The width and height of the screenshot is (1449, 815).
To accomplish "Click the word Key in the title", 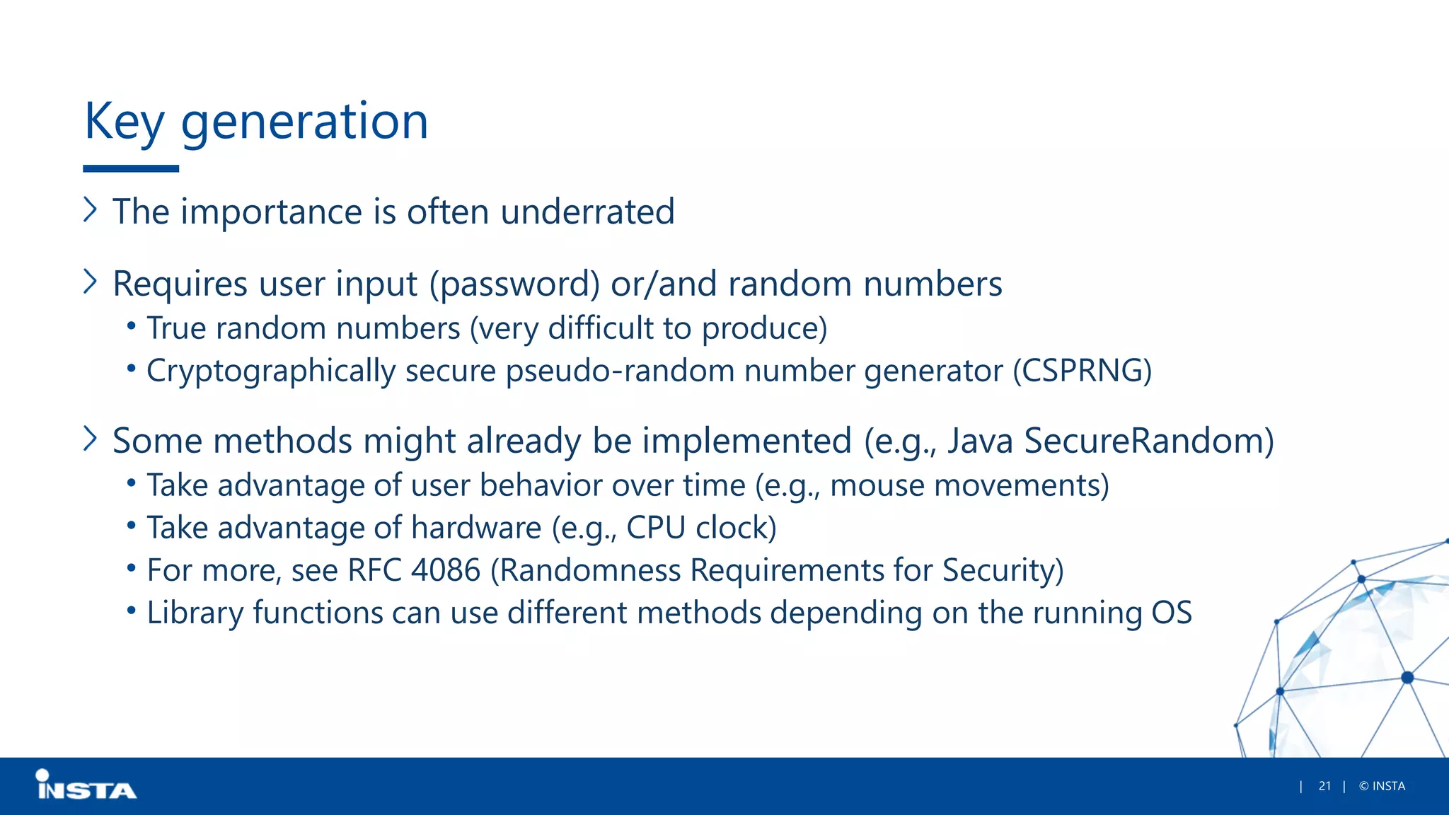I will click(x=124, y=122).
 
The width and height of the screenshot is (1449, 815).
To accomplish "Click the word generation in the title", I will click(x=304, y=122).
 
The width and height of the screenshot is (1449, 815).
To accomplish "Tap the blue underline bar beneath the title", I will click(x=131, y=168).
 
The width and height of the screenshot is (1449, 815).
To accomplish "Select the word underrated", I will click(x=587, y=212).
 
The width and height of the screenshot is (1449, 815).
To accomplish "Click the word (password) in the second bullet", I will click(x=514, y=284).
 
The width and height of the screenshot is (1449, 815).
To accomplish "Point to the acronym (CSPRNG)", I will click(x=1082, y=371).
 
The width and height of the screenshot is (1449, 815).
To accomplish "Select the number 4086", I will click(x=446, y=570).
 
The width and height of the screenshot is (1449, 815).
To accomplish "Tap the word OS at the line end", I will click(x=1172, y=613).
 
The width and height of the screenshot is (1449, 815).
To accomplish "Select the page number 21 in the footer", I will click(x=1324, y=786).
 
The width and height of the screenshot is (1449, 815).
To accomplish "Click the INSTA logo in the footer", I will click(x=86, y=786).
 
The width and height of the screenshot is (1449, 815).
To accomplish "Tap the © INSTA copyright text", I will click(x=1382, y=786).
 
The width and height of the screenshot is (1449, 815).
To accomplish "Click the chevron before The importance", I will click(x=90, y=209).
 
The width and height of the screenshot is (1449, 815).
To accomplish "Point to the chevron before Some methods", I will click(x=90, y=439).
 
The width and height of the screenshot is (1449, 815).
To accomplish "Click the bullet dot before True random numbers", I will click(x=131, y=326).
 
